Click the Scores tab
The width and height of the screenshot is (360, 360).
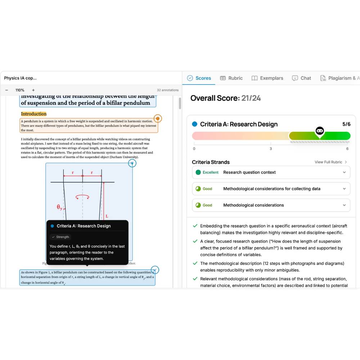point(199,78)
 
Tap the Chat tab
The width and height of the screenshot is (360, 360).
point(301,78)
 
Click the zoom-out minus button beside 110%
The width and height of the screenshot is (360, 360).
point(6,90)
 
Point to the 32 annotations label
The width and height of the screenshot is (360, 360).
point(167,90)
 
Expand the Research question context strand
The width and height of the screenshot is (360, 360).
point(344,172)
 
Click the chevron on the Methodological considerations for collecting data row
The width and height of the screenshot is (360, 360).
point(344,189)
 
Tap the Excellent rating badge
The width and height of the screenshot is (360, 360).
point(207,172)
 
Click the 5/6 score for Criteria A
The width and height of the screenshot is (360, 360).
point(346,124)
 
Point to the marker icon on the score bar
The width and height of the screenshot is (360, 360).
point(319,131)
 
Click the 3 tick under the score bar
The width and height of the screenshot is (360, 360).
point(271,149)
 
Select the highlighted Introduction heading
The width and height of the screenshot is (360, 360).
point(33,114)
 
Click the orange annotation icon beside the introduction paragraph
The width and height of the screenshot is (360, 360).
point(157,118)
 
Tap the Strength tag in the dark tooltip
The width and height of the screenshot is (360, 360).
point(60,237)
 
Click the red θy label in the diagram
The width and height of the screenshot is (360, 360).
point(59,207)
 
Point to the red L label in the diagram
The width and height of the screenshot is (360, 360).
point(107,216)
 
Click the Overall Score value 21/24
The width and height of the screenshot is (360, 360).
point(251,98)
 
